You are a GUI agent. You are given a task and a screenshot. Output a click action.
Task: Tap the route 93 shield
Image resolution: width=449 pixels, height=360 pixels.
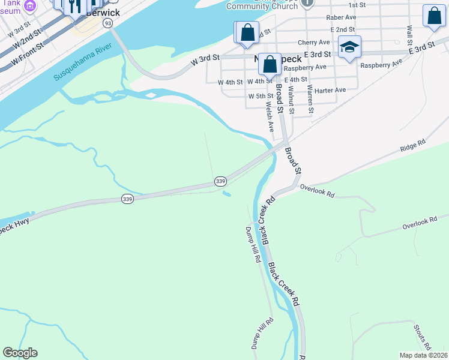click(x=107, y=23)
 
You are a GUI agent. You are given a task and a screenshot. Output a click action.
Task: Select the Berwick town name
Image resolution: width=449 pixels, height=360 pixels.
click(x=103, y=13)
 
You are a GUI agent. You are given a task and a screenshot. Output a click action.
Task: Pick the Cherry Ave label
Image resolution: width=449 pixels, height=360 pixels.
click(x=318, y=43)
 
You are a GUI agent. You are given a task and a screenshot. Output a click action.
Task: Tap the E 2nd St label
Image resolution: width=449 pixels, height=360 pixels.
click(x=342, y=29)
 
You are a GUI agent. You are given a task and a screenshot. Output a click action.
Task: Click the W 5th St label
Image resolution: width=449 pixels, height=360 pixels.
click(x=261, y=96)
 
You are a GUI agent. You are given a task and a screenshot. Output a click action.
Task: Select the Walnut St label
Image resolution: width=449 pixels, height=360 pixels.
click(x=291, y=99)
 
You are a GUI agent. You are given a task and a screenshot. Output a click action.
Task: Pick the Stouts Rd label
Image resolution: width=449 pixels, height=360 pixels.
click(x=421, y=337)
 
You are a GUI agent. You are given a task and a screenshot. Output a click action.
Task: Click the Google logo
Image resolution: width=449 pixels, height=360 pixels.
click(x=20, y=353)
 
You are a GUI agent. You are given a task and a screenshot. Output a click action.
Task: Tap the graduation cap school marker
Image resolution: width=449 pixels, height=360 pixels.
click(x=349, y=47)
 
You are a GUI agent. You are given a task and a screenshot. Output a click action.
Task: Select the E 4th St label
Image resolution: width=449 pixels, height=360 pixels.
click(x=296, y=79)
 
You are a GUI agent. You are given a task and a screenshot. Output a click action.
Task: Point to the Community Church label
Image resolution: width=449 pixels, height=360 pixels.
click(x=262, y=6)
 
